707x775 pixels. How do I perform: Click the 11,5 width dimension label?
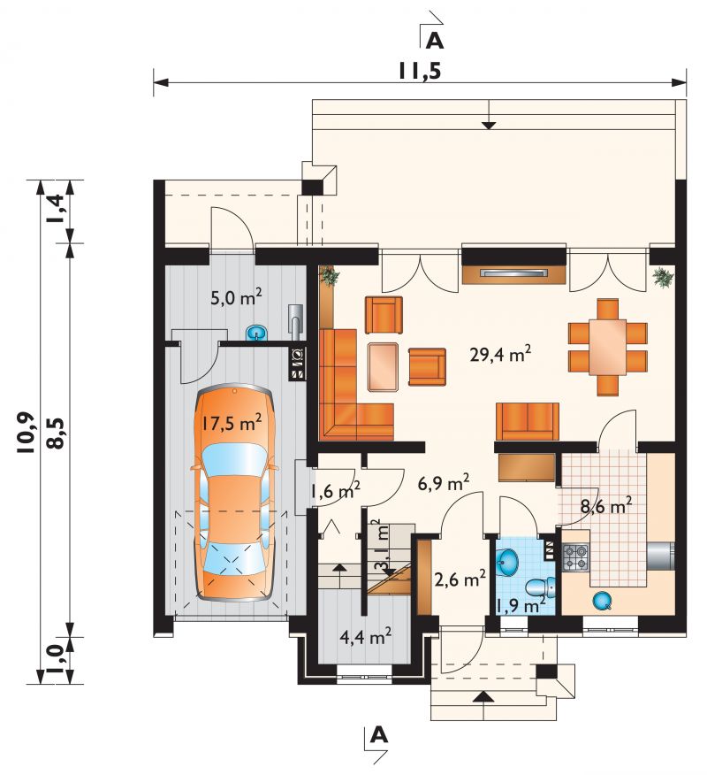pyautogui.click(x=420, y=73)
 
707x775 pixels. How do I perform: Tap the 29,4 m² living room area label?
pyautogui.click(x=500, y=354)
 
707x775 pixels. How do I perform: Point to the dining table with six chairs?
pyautogui.click(x=608, y=347)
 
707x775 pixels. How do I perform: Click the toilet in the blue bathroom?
pyautogui.click(x=540, y=587)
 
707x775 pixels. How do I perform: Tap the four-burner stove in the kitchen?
pyautogui.click(x=576, y=556)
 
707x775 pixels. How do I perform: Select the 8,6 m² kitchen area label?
pyautogui.click(x=605, y=507)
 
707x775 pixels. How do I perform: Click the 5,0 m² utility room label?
pyautogui.click(x=236, y=298)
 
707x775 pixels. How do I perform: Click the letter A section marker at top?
pyautogui.click(x=435, y=41)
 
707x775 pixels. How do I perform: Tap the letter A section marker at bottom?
pyautogui.click(x=378, y=736)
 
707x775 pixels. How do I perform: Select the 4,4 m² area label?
pyautogui.click(x=366, y=637)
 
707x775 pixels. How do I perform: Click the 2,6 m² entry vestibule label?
pyautogui.click(x=460, y=578)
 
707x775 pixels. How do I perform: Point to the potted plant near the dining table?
pyautogui.click(x=663, y=277)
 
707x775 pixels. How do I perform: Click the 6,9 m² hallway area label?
pyautogui.click(x=444, y=483)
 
